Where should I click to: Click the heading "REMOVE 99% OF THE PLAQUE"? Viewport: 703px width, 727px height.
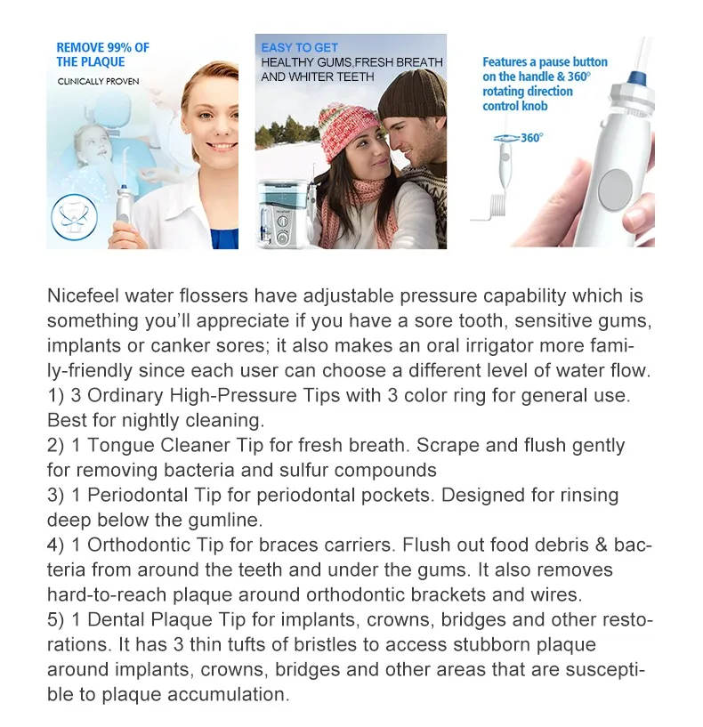click(102, 54)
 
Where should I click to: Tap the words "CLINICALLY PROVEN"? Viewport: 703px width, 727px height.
click(98, 82)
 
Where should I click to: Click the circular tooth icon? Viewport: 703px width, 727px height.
click(74, 217)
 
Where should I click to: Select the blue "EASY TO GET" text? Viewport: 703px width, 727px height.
click(300, 48)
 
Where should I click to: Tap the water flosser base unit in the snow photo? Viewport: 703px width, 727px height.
click(279, 214)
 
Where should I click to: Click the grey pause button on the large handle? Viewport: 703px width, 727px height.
click(616, 190)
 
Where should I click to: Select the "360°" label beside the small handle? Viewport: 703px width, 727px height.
click(532, 138)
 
